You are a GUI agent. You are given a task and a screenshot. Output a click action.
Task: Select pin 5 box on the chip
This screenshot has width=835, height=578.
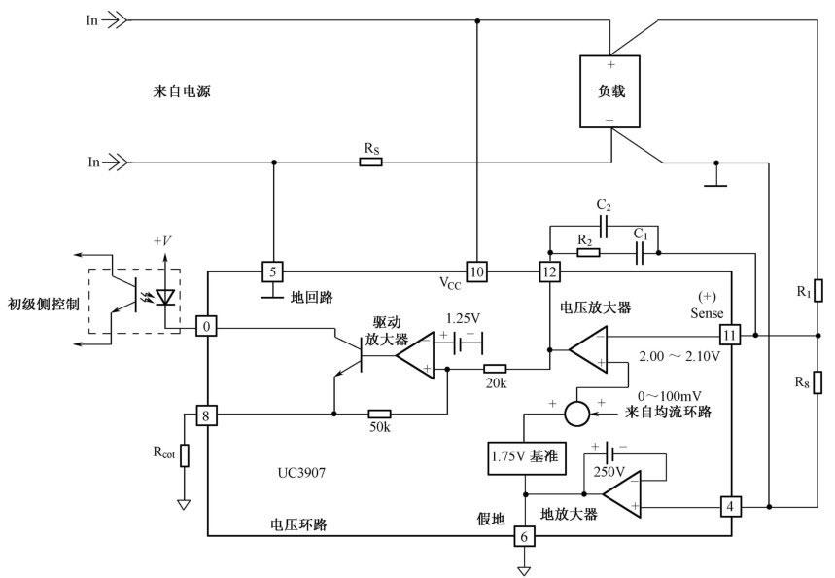(x=275, y=271)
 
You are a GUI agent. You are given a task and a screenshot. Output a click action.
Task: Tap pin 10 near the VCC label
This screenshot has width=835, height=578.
(x=476, y=271)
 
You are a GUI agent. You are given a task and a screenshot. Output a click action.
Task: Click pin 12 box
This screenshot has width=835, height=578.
(x=550, y=271)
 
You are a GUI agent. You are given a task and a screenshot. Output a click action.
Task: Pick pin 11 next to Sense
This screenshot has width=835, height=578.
(x=730, y=335)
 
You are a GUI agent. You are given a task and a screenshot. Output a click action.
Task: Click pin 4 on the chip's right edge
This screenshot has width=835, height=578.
(x=730, y=507)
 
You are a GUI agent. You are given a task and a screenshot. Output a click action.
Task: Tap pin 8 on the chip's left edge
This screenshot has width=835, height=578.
(x=208, y=415)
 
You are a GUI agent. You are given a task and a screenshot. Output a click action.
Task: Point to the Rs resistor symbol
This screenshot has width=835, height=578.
(x=370, y=162)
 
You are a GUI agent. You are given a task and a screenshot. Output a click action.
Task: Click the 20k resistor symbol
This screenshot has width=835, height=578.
(x=495, y=369)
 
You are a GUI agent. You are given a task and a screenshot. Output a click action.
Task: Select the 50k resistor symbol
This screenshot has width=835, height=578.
(x=380, y=414)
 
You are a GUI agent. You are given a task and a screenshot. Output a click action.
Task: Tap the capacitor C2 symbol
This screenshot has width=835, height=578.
(x=604, y=225)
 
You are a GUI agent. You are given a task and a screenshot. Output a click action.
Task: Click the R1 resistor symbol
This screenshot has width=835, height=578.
(x=818, y=290)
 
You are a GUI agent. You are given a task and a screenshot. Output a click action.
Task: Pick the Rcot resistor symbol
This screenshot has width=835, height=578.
(x=184, y=455)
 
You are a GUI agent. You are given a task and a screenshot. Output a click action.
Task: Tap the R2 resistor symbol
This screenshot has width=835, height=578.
(x=587, y=253)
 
